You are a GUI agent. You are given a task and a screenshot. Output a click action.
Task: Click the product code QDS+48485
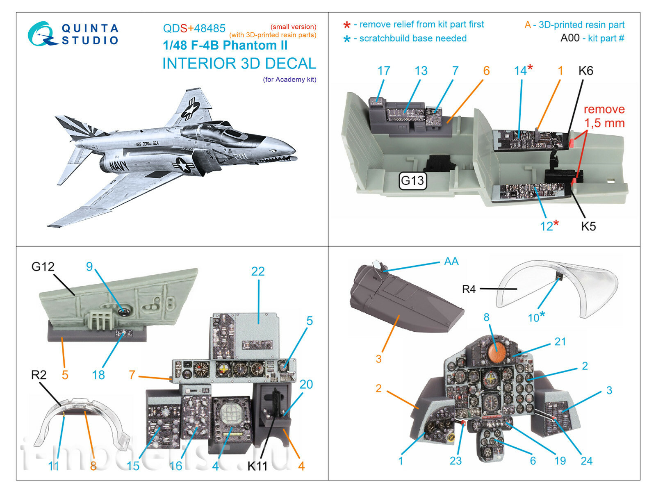pyautogui.click(x=194, y=28)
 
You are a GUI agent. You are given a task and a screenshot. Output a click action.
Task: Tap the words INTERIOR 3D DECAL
pyautogui.click(x=239, y=64)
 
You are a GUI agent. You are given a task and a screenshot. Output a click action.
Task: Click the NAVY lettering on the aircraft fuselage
pyautogui.click(x=119, y=165)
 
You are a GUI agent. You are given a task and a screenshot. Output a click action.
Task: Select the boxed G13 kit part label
pyautogui.click(x=412, y=180)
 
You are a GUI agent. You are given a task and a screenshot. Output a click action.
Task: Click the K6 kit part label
pyautogui.click(x=585, y=71)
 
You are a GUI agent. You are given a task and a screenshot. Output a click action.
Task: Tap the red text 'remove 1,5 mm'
pyautogui.click(x=604, y=116)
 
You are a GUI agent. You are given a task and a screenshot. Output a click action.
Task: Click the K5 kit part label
pyautogui.click(x=588, y=226)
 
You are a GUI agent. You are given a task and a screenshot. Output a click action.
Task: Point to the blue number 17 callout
pyautogui.click(x=384, y=71)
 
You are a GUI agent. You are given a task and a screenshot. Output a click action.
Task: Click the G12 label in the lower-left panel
pyautogui.click(x=43, y=267)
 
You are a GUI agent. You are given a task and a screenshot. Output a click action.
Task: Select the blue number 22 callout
pyautogui.click(x=258, y=271)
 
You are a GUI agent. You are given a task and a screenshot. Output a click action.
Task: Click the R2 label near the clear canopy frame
pyautogui.click(x=39, y=375)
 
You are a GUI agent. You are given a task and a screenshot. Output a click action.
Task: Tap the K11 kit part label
pyautogui.click(x=257, y=466)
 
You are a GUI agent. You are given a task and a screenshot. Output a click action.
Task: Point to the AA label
pyautogui.click(x=451, y=262)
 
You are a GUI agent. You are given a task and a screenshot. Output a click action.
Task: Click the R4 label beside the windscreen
pyautogui.click(x=469, y=289)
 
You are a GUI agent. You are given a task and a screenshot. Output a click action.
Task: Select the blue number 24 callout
pyautogui.click(x=586, y=461)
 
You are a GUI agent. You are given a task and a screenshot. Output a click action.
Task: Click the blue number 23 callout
pyautogui.click(x=456, y=461)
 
